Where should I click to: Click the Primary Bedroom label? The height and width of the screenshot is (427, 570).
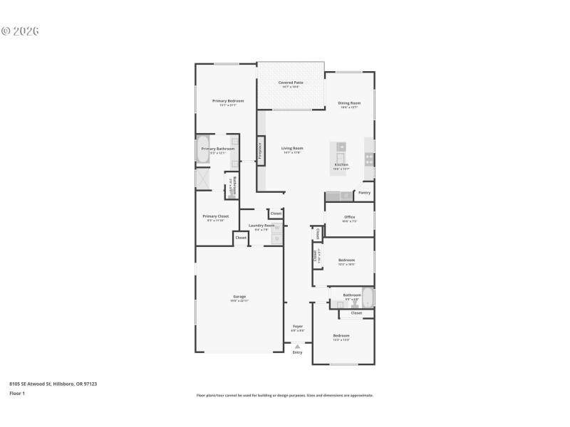coord(228,101)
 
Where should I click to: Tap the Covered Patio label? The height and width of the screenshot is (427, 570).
coord(291,83)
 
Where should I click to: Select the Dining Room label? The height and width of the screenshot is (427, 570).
coord(349,103)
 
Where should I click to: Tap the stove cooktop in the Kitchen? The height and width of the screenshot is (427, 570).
coord(369,158)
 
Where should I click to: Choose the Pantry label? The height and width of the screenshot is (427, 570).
coord(364,192)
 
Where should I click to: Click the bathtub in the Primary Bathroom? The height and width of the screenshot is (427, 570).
coord(203,150)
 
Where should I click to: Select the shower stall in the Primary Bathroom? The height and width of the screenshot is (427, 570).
coord(203,178)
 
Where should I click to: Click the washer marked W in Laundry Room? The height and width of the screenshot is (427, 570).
coord(276,228)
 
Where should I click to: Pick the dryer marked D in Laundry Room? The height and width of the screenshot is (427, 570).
coord(276,239)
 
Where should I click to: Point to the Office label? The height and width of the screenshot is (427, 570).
coord(349,217)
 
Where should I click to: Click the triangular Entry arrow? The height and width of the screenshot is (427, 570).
coord(298,346)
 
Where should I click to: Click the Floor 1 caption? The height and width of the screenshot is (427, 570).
coord(16,393)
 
